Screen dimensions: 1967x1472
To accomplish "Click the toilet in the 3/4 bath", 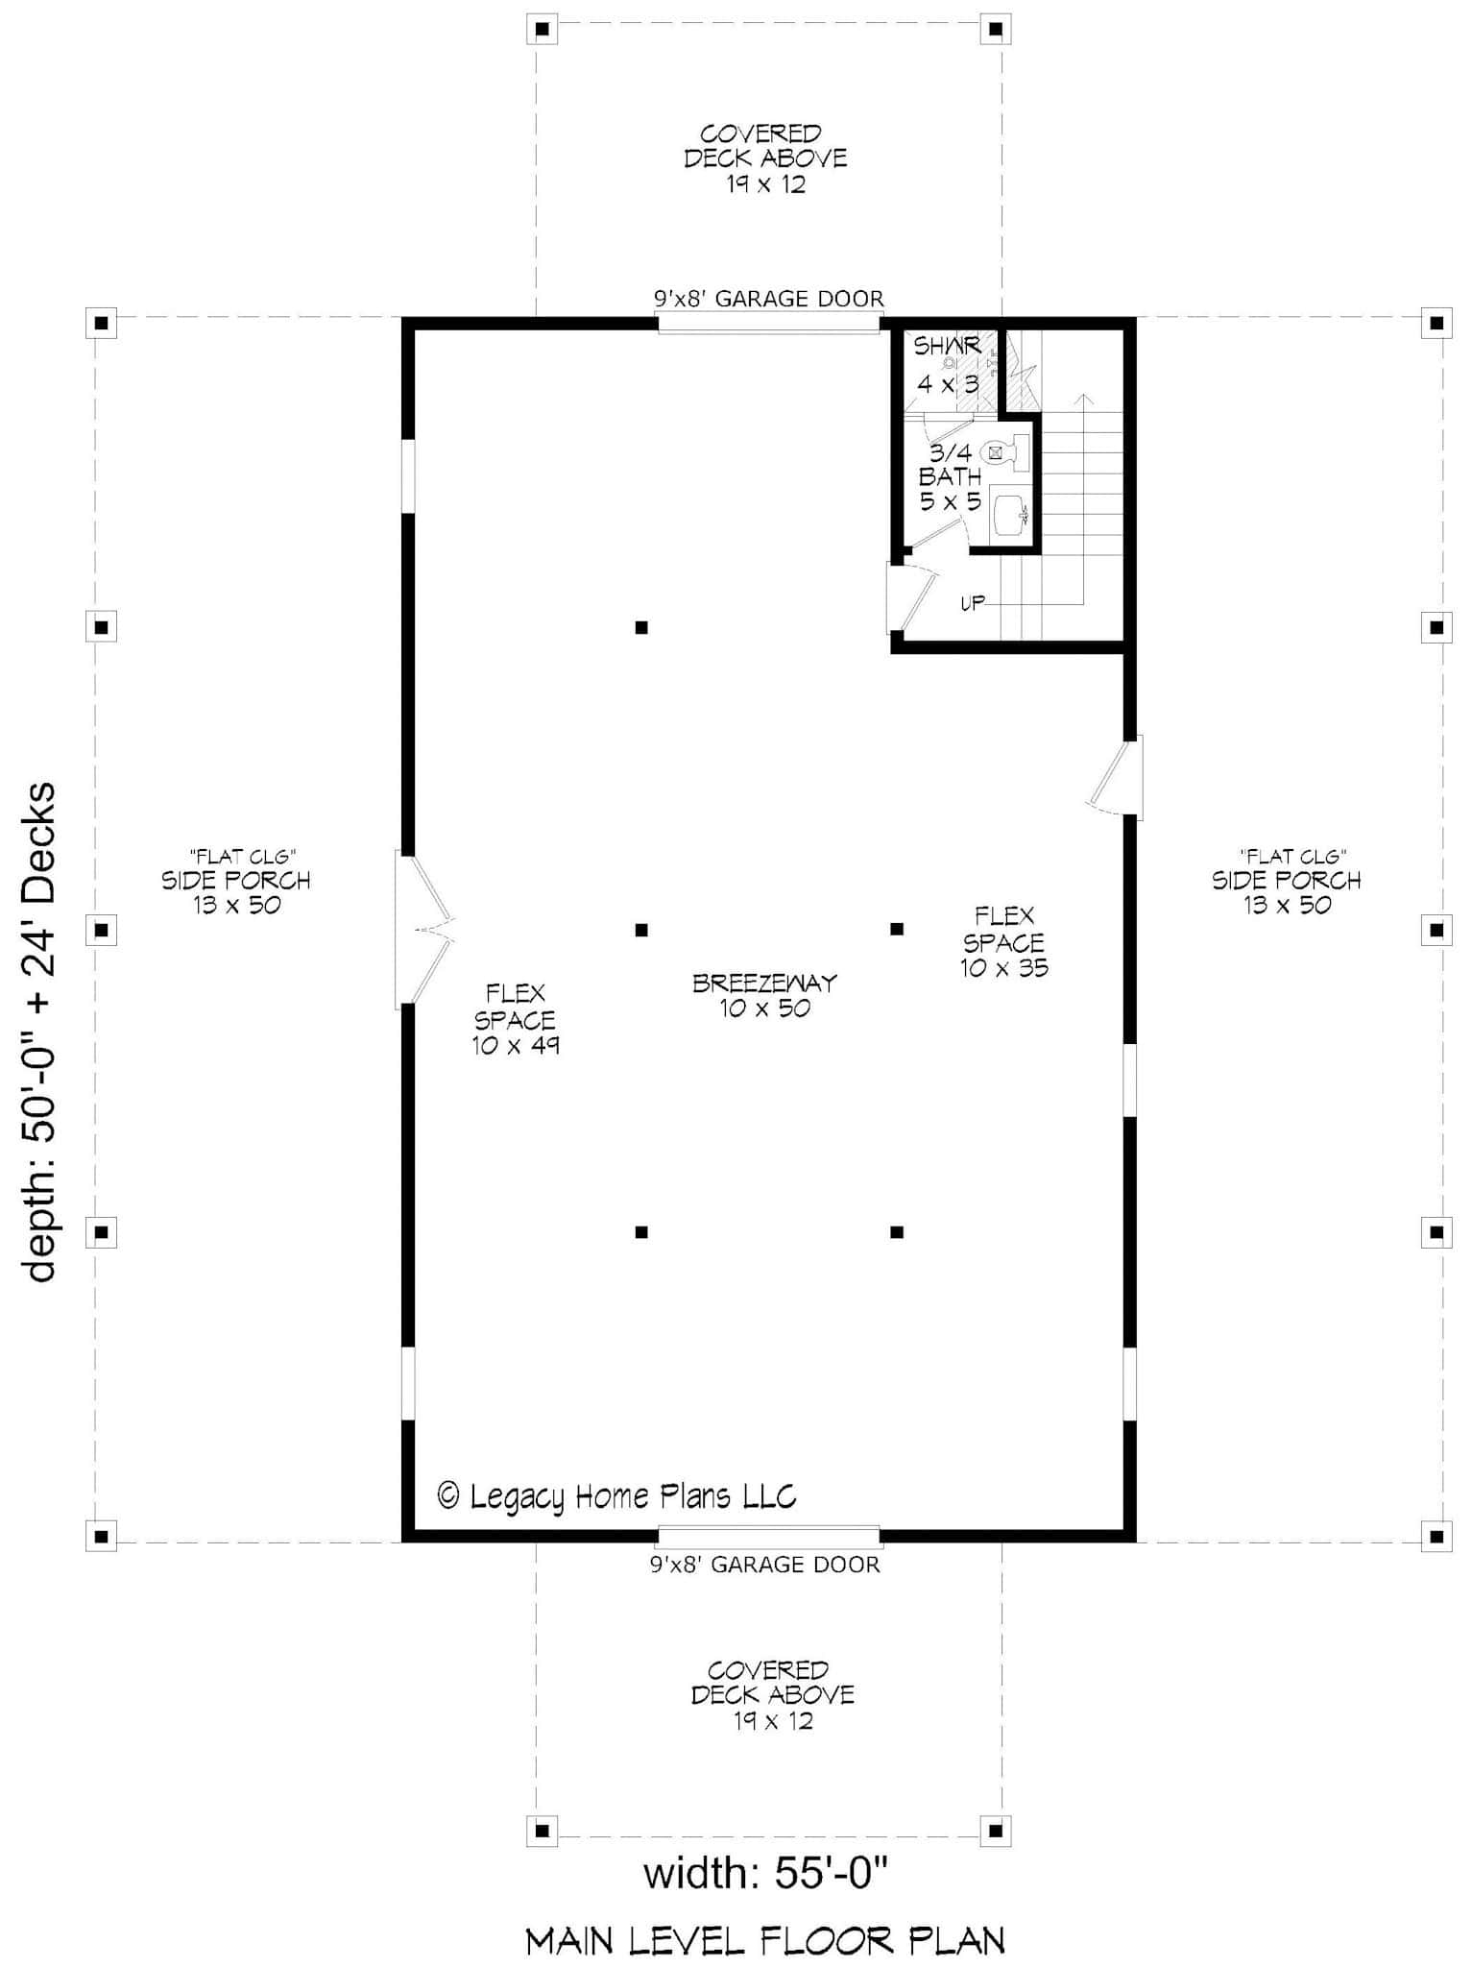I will click(x=1005, y=450).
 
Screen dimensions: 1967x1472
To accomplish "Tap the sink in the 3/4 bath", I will click(x=1009, y=514).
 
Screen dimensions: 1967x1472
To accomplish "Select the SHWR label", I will click(x=947, y=346).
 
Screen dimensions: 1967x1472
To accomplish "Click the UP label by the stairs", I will click(x=973, y=603).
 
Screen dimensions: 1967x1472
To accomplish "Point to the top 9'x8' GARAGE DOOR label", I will click(x=769, y=299).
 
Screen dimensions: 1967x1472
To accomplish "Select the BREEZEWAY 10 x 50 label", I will click(x=765, y=995).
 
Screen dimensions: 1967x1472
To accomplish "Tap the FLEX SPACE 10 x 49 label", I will click(x=516, y=1019).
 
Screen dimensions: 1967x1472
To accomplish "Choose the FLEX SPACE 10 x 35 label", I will click(x=1004, y=942).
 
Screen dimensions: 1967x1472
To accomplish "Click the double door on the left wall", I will click(x=422, y=929).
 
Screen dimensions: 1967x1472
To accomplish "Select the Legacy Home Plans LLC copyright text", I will click(x=616, y=1495).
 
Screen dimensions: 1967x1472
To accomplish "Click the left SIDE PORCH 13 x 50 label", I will click(x=236, y=881).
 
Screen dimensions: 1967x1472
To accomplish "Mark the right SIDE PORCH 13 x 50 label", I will click(x=1287, y=881).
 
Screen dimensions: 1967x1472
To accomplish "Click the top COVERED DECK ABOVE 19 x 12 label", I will click(x=765, y=158).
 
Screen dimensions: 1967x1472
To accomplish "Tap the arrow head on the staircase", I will click(x=1084, y=398).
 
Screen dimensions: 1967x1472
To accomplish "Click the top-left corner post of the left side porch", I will click(x=101, y=323).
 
